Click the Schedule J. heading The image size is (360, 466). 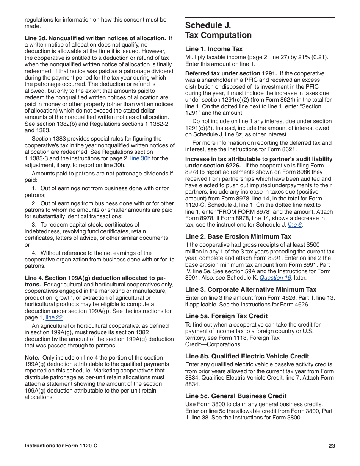pos(208,25)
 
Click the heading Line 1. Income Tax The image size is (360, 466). pos(214,49)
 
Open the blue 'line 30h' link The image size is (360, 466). pos(140,158)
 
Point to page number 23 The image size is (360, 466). pos(332,446)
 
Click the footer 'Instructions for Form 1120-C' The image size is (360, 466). pos(61,446)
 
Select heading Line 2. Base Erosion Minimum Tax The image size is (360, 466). pos(238,236)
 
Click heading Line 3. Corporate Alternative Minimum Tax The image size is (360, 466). pos(250,289)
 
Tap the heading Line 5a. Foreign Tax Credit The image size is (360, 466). pos(226,316)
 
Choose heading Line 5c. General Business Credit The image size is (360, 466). pos(236,396)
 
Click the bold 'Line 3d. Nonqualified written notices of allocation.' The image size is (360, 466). pos(95,38)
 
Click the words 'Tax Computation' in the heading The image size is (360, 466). pos(218,35)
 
